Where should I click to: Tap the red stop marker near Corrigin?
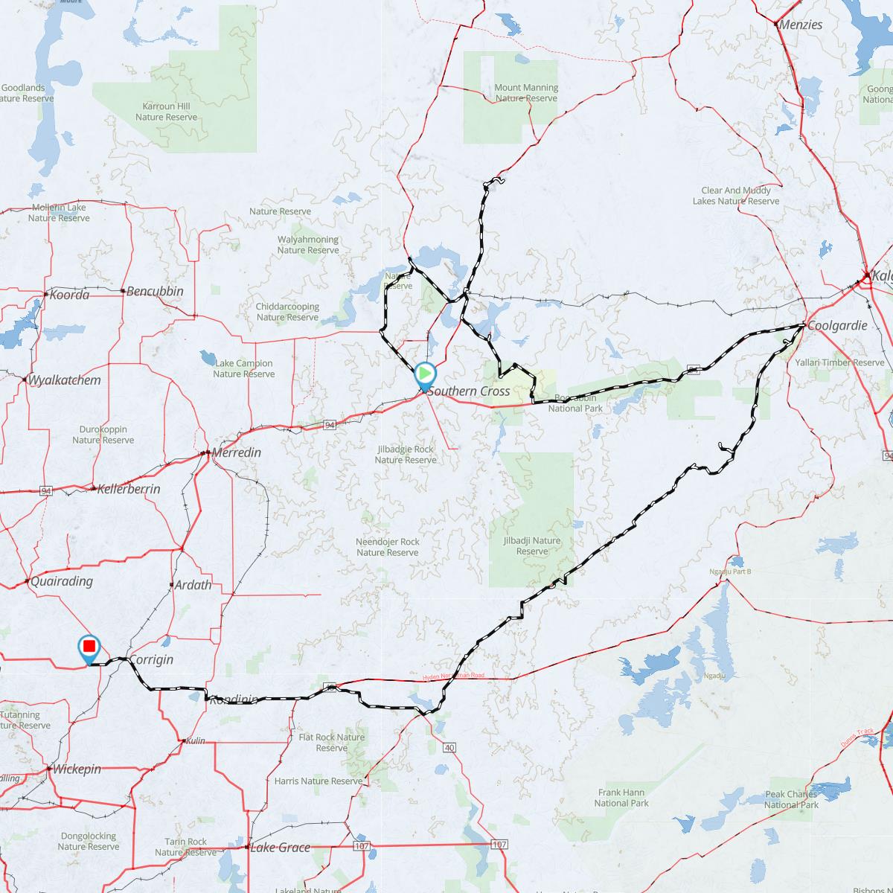pos(89,647)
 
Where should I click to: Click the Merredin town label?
pos(237,453)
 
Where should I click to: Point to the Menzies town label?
pos(801,25)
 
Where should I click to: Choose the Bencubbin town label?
pos(155,291)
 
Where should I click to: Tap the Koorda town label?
pos(69,295)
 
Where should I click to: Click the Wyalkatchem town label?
pos(64,380)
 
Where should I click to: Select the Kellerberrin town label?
pos(129,490)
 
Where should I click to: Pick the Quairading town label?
pos(62,581)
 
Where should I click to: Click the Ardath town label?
pos(193,585)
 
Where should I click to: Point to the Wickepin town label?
pos(77,769)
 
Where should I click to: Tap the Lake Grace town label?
pos(280,848)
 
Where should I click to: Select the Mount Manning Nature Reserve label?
pos(526,93)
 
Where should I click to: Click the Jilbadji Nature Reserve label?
pos(531,546)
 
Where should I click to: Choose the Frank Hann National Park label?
pos(622,798)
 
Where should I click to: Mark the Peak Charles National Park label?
pos(791,800)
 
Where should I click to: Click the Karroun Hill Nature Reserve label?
pos(166,112)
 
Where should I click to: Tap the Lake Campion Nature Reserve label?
pos(243,368)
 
